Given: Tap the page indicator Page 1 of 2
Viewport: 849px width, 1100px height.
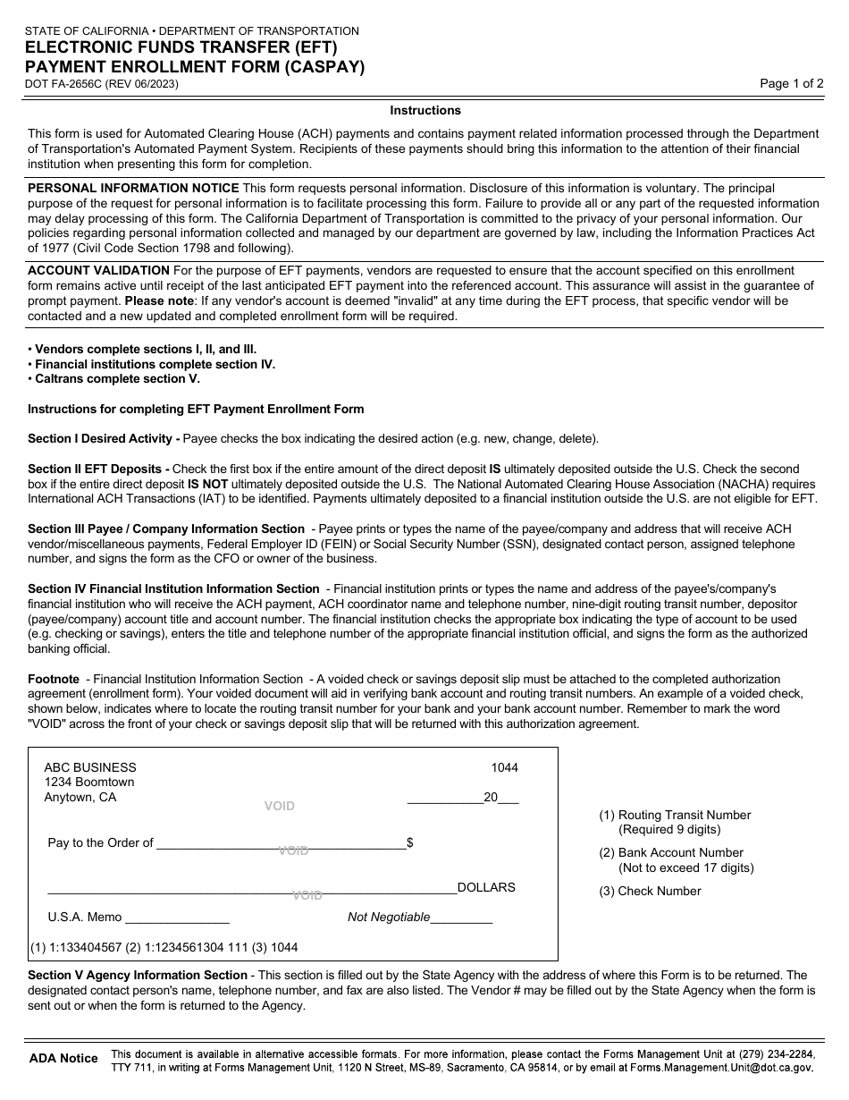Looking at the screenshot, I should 791,84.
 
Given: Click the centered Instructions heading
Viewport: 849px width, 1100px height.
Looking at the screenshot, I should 425,111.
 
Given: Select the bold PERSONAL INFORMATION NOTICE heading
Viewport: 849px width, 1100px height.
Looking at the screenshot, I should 133,189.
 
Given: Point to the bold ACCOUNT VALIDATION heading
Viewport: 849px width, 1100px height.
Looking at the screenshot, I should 98,271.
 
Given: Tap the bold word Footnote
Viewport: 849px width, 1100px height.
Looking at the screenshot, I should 54,680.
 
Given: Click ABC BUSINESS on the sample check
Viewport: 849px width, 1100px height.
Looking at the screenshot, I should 90,768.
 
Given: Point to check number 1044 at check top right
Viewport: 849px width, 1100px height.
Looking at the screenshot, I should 504,768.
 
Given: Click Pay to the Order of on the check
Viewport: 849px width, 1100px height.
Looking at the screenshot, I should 100,843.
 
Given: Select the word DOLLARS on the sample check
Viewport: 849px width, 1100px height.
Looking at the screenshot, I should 486,888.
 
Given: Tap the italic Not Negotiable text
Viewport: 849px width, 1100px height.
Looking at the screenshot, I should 389,918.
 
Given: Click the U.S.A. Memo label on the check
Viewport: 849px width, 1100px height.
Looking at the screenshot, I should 84,918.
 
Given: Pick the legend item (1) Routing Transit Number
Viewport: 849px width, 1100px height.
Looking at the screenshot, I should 675,816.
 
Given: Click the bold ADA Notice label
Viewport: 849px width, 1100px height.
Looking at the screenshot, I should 63,1059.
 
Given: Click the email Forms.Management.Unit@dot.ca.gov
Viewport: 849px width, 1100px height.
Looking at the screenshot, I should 722,1068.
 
